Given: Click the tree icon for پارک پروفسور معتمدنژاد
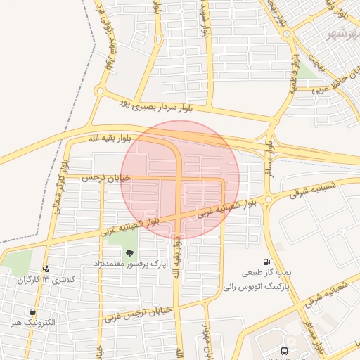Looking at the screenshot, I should coord(129,252).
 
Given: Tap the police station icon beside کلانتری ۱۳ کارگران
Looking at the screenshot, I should coord(46,269).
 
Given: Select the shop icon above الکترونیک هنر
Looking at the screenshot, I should coord(33,311).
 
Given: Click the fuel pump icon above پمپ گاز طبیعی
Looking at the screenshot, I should coord(266,261).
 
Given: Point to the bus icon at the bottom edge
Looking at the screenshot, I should coord(284,349).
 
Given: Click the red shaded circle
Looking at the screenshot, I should coord(180,179).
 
